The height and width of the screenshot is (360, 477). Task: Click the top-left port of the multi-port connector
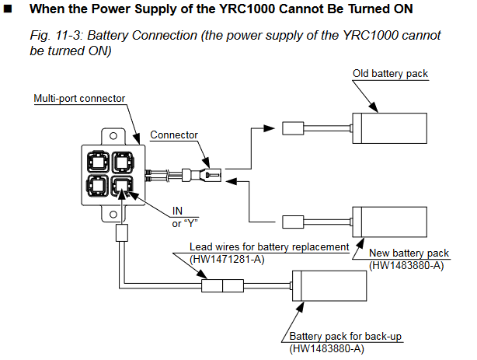99,162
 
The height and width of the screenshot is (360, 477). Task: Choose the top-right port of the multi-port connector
124,162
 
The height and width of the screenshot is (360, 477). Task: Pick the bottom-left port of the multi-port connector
99,187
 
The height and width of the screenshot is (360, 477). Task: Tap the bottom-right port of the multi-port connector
124,187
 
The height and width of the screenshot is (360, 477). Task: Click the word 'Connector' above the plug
174,135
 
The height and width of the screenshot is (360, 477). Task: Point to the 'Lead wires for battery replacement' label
270,247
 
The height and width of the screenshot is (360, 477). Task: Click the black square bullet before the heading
9,9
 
